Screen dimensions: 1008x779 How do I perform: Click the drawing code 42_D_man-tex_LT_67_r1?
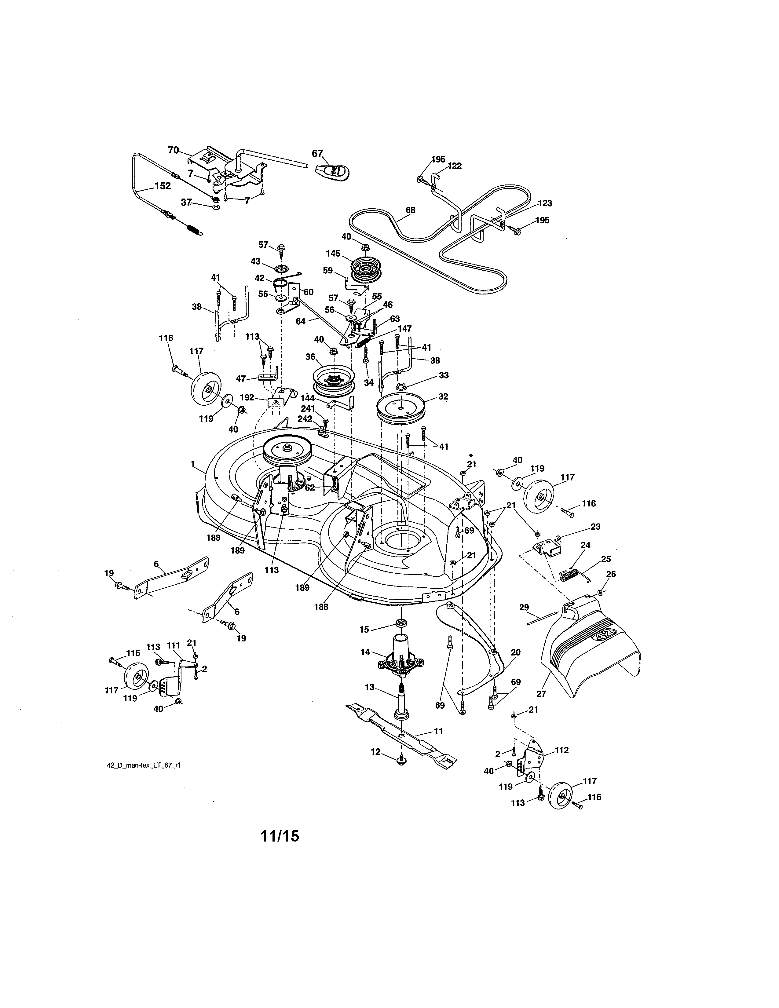click(x=144, y=765)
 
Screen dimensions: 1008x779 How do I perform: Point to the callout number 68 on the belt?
click(x=410, y=210)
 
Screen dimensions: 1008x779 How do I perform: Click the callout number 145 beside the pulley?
click(x=333, y=254)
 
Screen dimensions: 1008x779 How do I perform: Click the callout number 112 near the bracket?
click(x=561, y=751)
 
